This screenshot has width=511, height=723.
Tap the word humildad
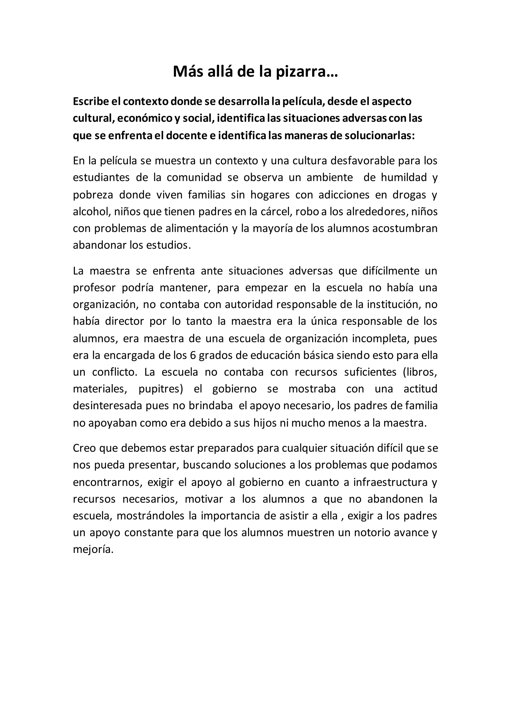(x=404, y=178)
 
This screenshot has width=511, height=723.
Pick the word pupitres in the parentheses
(x=161, y=389)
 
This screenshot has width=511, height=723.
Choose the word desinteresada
(x=108, y=406)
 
